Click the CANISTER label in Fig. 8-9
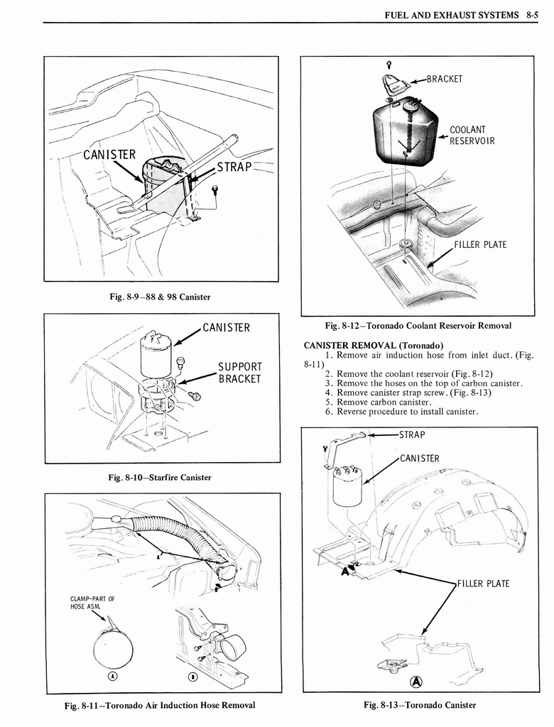pos(109,155)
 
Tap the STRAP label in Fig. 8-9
pos(235,168)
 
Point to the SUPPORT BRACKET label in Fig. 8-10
pos(240,373)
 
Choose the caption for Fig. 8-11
pos(159,705)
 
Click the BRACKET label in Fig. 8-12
pos(445,79)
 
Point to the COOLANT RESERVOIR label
pos(471,135)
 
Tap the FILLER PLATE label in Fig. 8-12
pos(480,245)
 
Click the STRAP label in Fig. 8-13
pos(413,434)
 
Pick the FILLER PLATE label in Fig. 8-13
pos(483,584)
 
